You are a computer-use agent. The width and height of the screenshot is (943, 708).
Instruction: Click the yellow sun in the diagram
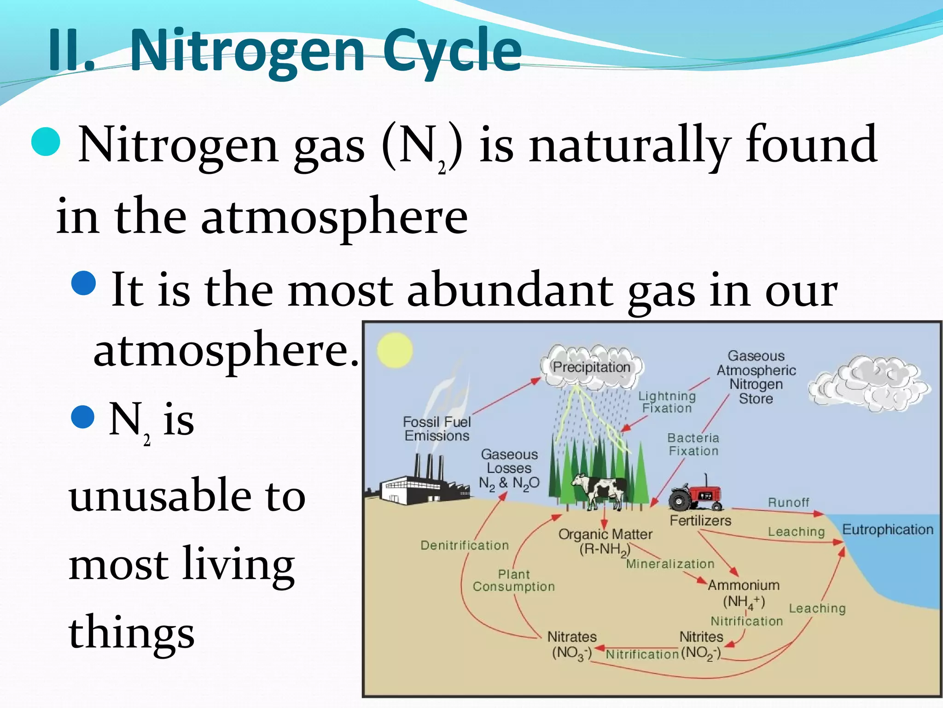click(395, 350)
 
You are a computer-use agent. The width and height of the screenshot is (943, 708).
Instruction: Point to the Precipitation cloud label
click(592, 367)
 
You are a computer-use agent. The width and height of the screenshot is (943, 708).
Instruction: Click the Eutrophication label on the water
click(887, 530)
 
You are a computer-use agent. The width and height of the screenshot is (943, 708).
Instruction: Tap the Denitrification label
click(465, 545)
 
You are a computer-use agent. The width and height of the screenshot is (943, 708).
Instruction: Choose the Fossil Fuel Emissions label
click(437, 429)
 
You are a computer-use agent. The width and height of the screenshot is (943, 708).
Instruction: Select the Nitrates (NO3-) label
click(572, 645)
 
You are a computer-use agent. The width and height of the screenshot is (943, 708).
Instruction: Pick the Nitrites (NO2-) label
click(701, 645)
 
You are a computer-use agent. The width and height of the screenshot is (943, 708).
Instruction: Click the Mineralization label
click(670, 564)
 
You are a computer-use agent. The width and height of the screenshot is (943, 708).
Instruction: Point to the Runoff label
click(788, 502)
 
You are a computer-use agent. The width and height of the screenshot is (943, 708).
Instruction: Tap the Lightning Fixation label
click(667, 402)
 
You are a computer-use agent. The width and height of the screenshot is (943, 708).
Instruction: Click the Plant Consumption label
click(514, 580)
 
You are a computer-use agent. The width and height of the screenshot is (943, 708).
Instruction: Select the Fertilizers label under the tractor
click(700, 520)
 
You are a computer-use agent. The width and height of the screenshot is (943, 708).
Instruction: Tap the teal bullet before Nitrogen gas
click(46, 142)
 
